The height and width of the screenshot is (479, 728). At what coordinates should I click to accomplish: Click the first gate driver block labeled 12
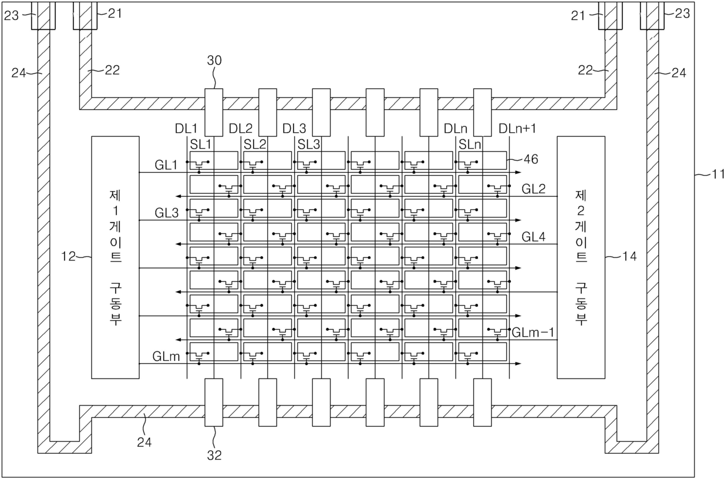(x=115, y=257)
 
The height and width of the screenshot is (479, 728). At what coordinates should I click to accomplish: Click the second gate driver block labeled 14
(x=580, y=257)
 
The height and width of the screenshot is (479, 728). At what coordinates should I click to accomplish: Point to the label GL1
(x=166, y=165)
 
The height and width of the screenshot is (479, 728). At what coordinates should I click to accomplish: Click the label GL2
(x=534, y=189)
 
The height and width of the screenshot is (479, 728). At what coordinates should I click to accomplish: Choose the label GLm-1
(x=534, y=332)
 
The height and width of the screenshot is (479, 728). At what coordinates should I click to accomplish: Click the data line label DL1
(x=187, y=128)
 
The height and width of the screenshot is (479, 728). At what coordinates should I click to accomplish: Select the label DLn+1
(x=517, y=128)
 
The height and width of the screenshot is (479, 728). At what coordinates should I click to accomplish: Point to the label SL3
(x=309, y=143)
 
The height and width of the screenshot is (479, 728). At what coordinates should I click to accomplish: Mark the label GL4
(x=534, y=237)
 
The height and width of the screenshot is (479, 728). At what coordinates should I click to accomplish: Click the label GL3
(x=166, y=213)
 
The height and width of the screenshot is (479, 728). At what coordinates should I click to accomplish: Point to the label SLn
(x=470, y=143)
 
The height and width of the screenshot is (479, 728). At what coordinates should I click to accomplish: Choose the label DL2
(x=241, y=128)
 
